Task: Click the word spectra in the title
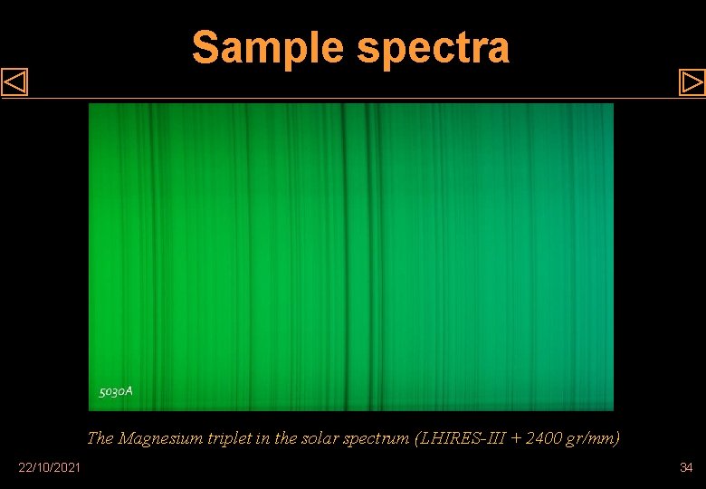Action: pyautogui.click(x=434, y=48)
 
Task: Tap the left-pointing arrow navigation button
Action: pyautogui.click(x=15, y=83)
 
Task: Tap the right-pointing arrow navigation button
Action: pyautogui.click(x=692, y=83)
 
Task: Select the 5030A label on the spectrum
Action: pyautogui.click(x=116, y=391)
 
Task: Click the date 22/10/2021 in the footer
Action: pyautogui.click(x=49, y=467)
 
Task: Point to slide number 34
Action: pyautogui.click(x=685, y=467)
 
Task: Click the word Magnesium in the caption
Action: pyautogui.click(x=157, y=439)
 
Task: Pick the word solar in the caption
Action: pyautogui.click(x=320, y=439)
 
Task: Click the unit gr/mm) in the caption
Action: pyautogui.click(x=593, y=439)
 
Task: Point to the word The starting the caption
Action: pyautogui.click(x=100, y=439)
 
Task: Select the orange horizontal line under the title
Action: pyautogui.click(x=353, y=98)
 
